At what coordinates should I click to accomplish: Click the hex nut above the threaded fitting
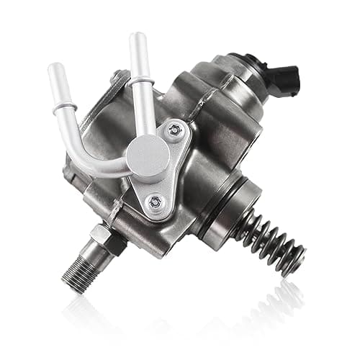(x=99, y=235)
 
